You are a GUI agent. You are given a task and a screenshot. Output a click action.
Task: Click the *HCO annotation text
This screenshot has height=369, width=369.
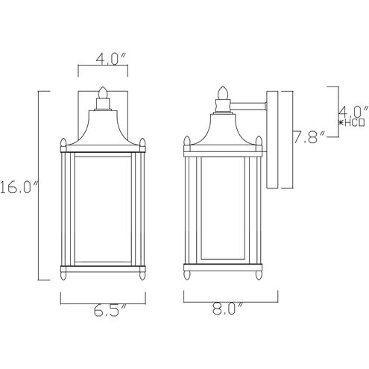(x=352, y=120)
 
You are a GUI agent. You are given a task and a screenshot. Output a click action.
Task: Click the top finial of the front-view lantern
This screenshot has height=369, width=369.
(x=104, y=93)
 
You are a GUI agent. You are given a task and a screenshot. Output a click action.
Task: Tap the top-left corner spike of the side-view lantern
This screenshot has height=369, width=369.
(x=186, y=141)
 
